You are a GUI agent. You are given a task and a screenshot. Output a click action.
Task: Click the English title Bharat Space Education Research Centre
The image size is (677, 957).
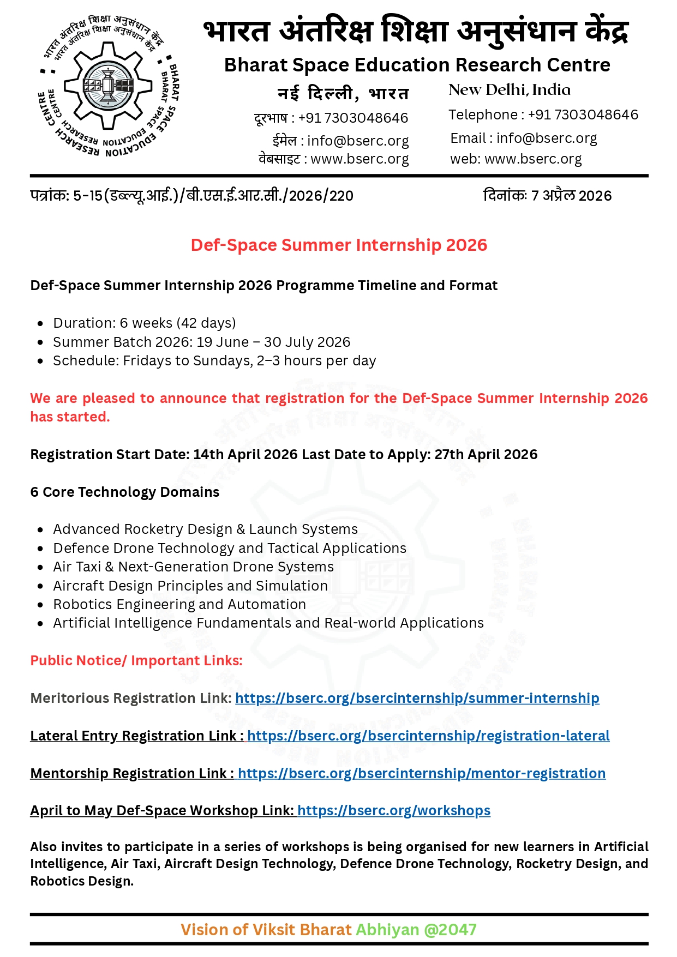pyautogui.click(x=417, y=65)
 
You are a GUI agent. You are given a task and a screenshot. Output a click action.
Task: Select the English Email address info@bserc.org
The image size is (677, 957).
pyautogui.click(x=546, y=139)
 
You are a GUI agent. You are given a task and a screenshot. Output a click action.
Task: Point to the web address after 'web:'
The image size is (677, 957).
pyautogui.click(x=532, y=159)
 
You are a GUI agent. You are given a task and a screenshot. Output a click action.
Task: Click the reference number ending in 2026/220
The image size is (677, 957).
pyautogui.click(x=191, y=196)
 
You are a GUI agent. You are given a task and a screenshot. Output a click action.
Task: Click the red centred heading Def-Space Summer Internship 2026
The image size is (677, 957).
pyautogui.click(x=338, y=245)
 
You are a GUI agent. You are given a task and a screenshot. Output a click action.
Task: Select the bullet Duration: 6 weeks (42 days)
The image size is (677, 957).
pyautogui.click(x=144, y=323)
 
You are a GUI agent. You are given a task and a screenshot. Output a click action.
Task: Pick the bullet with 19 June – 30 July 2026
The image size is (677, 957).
pyautogui.click(x=201, y=342)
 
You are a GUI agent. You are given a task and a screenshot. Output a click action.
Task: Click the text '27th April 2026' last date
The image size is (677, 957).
pyautogui.click(x=486, y=455)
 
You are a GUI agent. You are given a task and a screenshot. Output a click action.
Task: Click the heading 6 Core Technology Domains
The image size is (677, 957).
pyautogui.click(x=125, y=492)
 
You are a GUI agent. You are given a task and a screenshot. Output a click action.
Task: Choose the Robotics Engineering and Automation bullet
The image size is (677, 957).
pyautogui.click(x=179, y=605)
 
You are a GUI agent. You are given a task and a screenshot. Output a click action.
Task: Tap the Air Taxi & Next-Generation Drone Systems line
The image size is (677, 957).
pyautogui.click(x=193, y=567)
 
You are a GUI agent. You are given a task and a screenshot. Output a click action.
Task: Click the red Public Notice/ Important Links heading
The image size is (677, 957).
pyautogui.click(x=136, y=661)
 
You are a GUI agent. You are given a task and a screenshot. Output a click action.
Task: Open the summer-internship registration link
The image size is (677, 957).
pyautogui.click(x=417, y=699)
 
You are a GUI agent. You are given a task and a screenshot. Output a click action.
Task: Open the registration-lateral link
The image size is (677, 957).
pyautogui.click(x=428, y=736)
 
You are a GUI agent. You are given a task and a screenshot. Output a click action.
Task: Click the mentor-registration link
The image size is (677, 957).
pyautogui.click(x=421, y=774)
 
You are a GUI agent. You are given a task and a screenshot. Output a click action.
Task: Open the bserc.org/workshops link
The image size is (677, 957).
pyautogui.click(x=393, y=811)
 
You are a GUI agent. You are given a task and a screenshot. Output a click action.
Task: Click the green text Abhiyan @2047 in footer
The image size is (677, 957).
pyautogui.click(x=416, y=930)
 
